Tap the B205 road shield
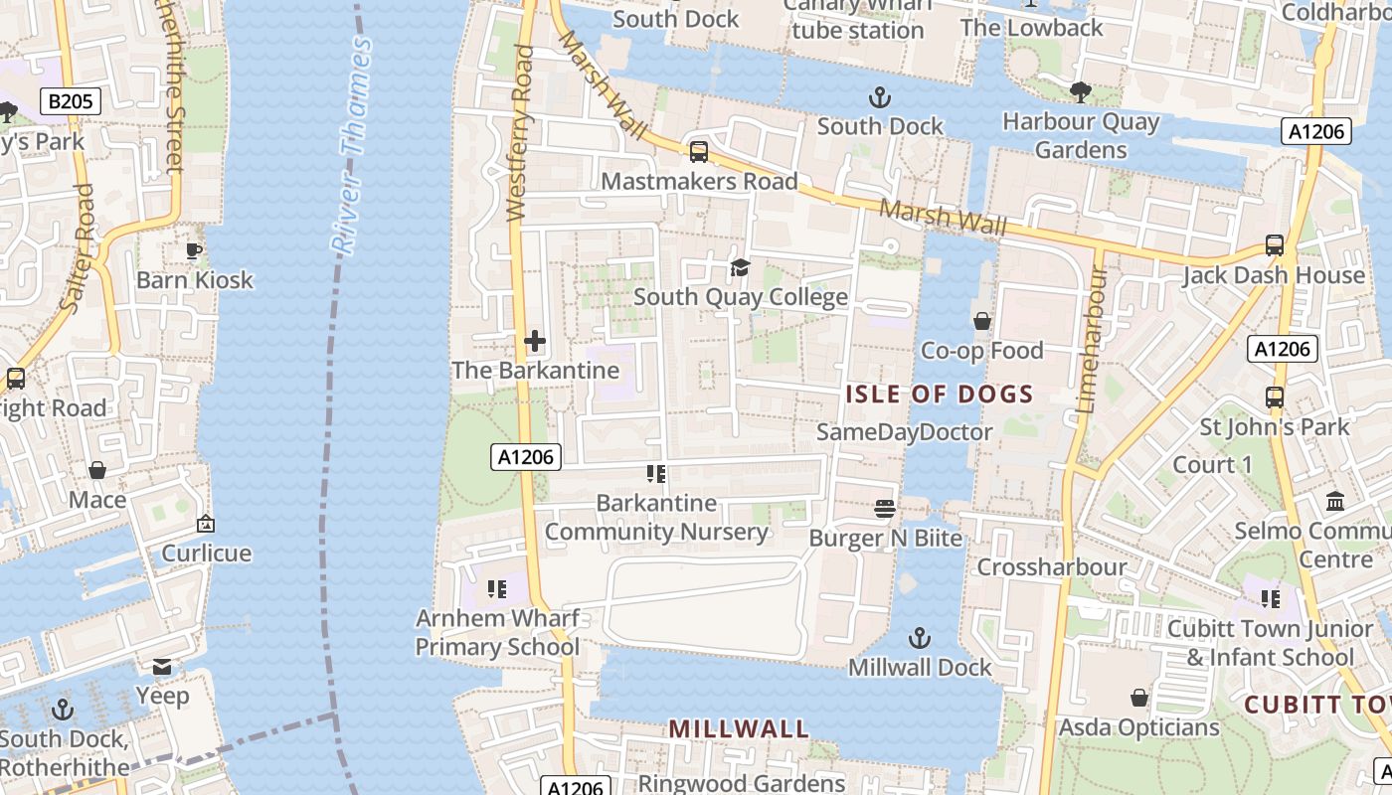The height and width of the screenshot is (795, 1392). tap(71, 100)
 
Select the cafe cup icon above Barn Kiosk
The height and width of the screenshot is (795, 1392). tap(195, 250)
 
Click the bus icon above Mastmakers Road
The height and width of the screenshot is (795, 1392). tap(699, 152)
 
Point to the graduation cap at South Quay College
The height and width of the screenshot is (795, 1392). tap(740, 267)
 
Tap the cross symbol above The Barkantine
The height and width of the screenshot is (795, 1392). tap(535, 342)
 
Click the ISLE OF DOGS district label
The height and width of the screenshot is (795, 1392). tap(939, 395)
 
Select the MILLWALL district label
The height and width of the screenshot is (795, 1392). tap(738, 728)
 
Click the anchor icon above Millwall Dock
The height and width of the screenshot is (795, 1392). tap(920, 637)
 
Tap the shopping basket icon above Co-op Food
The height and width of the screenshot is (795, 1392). tap(981, 321)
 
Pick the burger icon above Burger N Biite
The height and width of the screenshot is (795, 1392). tap(885, 509)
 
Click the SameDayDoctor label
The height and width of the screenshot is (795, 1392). tap(904, 432)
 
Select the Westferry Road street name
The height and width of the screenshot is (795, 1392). tap(519, 132)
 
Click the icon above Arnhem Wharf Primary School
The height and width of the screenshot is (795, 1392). tap(497, 589)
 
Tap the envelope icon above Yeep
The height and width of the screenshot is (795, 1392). tap(162, 666)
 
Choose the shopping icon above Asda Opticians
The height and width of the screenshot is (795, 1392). tap(1138, 698)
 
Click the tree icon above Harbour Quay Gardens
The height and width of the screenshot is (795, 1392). tap(1080, 92)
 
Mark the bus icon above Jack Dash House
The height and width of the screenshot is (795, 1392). tap(1274, 245)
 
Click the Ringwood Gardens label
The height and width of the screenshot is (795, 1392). tap(741, 783)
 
